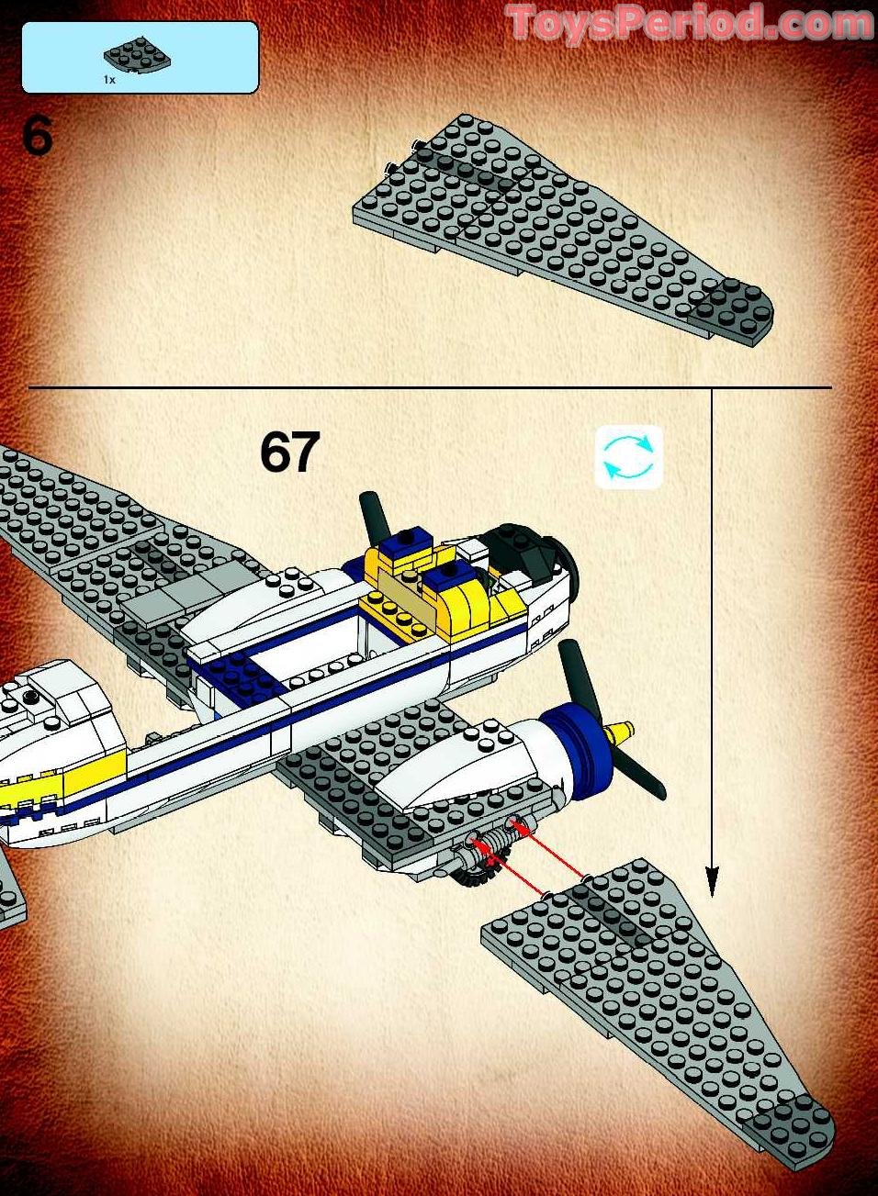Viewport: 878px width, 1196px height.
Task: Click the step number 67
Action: click(x=289, y=452)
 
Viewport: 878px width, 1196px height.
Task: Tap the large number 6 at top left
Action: click(x=38, y=137)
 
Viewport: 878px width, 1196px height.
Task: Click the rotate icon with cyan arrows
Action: click(x=628, y=456)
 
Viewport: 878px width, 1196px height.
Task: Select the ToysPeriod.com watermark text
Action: click(x=689, y=22)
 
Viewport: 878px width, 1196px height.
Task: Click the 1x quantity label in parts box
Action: click(x=109, y=80)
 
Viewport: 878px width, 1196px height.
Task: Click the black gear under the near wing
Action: click(x=474, y=877)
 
